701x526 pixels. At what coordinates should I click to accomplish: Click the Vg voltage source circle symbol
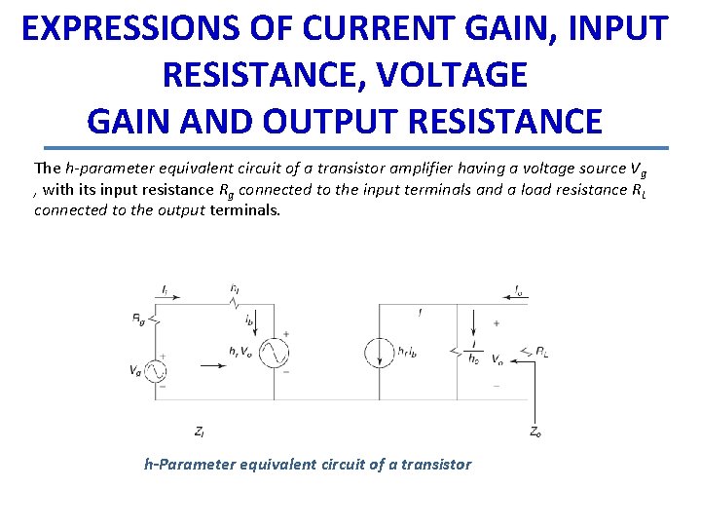point(154,370)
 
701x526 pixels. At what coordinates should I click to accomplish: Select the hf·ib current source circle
point(380,352)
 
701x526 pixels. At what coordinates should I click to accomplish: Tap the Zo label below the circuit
point(535,430)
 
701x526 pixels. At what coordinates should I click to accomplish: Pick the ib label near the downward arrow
point(250,319)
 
